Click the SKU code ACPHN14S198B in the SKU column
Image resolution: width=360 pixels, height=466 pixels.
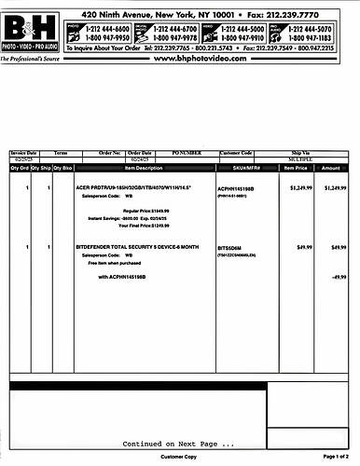pyautogui.click(x=239, y=187)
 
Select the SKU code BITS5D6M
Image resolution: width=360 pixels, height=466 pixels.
pyautogui.click(x=231, y=247)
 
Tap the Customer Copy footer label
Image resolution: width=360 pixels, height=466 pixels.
pyautogui.click(x=178, y=458)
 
